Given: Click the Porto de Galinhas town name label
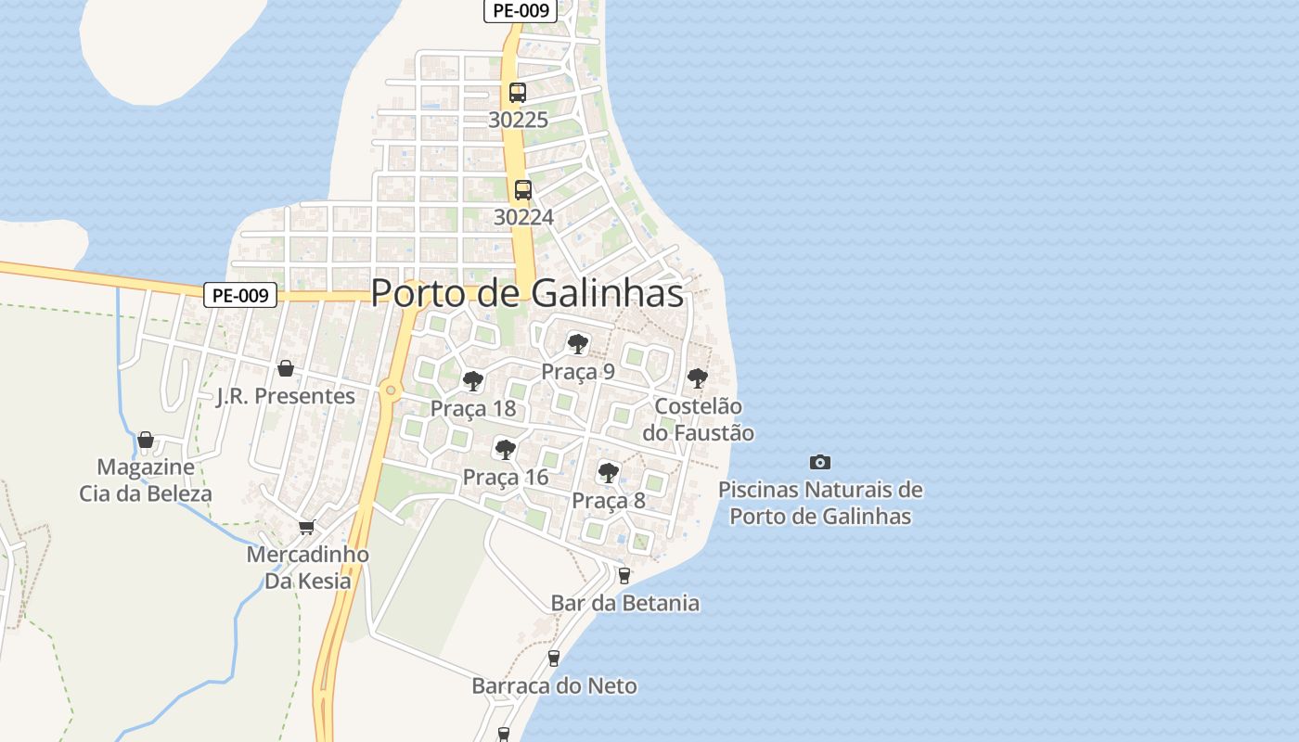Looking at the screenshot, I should [527, 293].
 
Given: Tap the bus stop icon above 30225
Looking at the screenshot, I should [518, 93].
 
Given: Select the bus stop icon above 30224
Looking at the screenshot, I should [523, 190].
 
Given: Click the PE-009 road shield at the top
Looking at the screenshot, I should [520, 11].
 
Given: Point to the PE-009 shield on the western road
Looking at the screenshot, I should [240, 296].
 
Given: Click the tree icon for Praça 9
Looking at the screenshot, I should [577, 344].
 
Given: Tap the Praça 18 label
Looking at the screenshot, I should [472, 409].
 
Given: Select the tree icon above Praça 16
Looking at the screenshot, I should [506, 450].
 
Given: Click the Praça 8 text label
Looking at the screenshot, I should [608, 501].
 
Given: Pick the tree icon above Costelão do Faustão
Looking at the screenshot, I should [697, 378].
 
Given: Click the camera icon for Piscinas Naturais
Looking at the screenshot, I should [820, 462].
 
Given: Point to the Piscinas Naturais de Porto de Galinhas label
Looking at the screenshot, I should [820, 503].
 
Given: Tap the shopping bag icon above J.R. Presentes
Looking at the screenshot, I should [286, 368].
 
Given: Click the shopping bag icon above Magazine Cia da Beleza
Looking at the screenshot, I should [146, 439].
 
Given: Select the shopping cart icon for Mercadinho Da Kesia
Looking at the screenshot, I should [307, 527].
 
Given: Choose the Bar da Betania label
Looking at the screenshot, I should [624, 603].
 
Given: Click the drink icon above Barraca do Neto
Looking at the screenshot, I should [554, 658].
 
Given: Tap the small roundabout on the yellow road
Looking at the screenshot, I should [391, 390].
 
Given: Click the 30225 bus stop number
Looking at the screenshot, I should [518, 120].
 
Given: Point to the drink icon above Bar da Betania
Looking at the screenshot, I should [624, 575].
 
